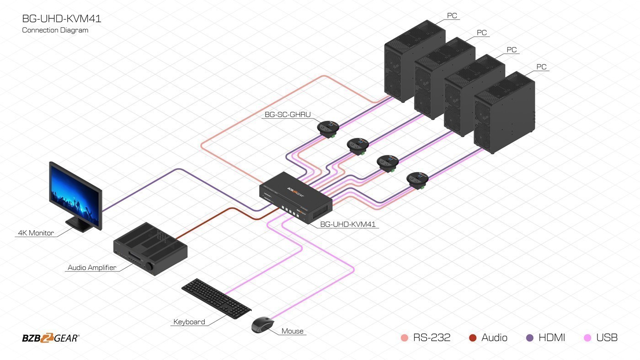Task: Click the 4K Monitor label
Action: tap(36, 233)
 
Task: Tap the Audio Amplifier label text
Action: tap(92, 268)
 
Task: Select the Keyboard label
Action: tap(189, 322)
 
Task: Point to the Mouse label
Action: tap(293, 331)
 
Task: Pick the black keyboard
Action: tap(216, 298)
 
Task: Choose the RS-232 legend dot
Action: tap(404, 338)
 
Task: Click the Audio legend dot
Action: tap(473, 338)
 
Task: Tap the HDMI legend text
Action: tap(552, 338)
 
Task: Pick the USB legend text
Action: tap(607, 338)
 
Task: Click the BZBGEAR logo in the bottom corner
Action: tap(50, 339)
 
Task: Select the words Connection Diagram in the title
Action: tap(55, 30)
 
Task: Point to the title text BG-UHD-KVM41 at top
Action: tap(62, 19)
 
